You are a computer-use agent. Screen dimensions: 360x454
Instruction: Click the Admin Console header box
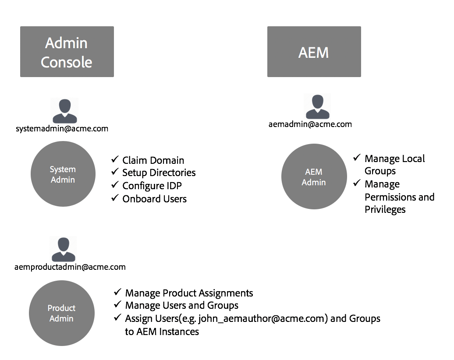point(67,52)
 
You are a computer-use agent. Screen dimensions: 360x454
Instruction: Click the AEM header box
point(314,52)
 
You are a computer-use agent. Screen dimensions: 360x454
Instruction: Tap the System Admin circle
point(63,174)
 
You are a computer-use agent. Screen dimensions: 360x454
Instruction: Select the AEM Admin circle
point(314,177)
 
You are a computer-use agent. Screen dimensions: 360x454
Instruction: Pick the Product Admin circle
point(61,313)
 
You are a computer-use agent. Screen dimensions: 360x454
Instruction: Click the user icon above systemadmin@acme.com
point(64,111)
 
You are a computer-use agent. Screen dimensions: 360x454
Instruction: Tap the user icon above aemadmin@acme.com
point(317,106)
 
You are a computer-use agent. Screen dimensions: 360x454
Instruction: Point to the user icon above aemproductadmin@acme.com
point(63,249)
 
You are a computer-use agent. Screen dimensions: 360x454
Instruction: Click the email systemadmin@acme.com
point(62,129)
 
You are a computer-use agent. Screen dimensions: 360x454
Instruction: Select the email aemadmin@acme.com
point(310,124)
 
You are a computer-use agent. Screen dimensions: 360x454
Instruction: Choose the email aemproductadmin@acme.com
point(70,267)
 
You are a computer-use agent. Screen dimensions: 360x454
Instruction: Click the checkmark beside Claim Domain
point(115,159)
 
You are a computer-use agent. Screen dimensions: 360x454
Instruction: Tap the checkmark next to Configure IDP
point(115,185)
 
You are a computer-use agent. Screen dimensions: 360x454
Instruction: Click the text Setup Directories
point(159,173)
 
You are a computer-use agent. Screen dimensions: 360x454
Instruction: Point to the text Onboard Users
point(154,199)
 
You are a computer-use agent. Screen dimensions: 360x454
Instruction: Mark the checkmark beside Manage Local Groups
point(357,158)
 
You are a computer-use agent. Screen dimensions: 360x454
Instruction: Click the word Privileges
point(385,210)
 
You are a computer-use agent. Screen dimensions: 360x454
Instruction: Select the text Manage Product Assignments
point(189,293)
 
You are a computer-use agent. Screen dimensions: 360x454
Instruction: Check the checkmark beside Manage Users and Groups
point(117,304)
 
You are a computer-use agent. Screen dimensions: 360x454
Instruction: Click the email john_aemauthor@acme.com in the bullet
point(263,318)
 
